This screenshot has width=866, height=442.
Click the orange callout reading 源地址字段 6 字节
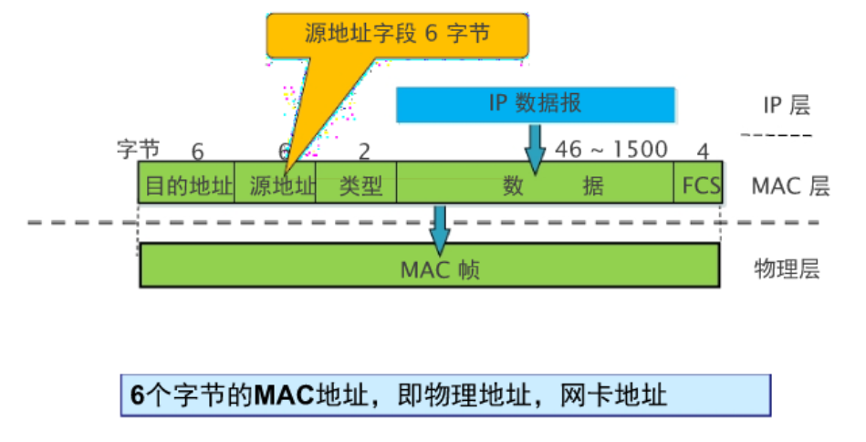[397, 35]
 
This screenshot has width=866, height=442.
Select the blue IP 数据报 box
[536, 104]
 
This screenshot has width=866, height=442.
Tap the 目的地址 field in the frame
[185, 185]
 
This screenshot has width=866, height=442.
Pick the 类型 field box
[357, 185]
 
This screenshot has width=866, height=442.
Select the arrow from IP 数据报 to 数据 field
[535, 150]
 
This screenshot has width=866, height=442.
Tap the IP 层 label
[786, 105]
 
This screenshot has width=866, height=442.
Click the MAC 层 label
[790, 186]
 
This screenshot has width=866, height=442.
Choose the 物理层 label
[786, 269]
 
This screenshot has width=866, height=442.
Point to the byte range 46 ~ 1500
[611, 149]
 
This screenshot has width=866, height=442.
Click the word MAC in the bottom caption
[284, 395]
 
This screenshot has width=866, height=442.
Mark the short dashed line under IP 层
[776, 135]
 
